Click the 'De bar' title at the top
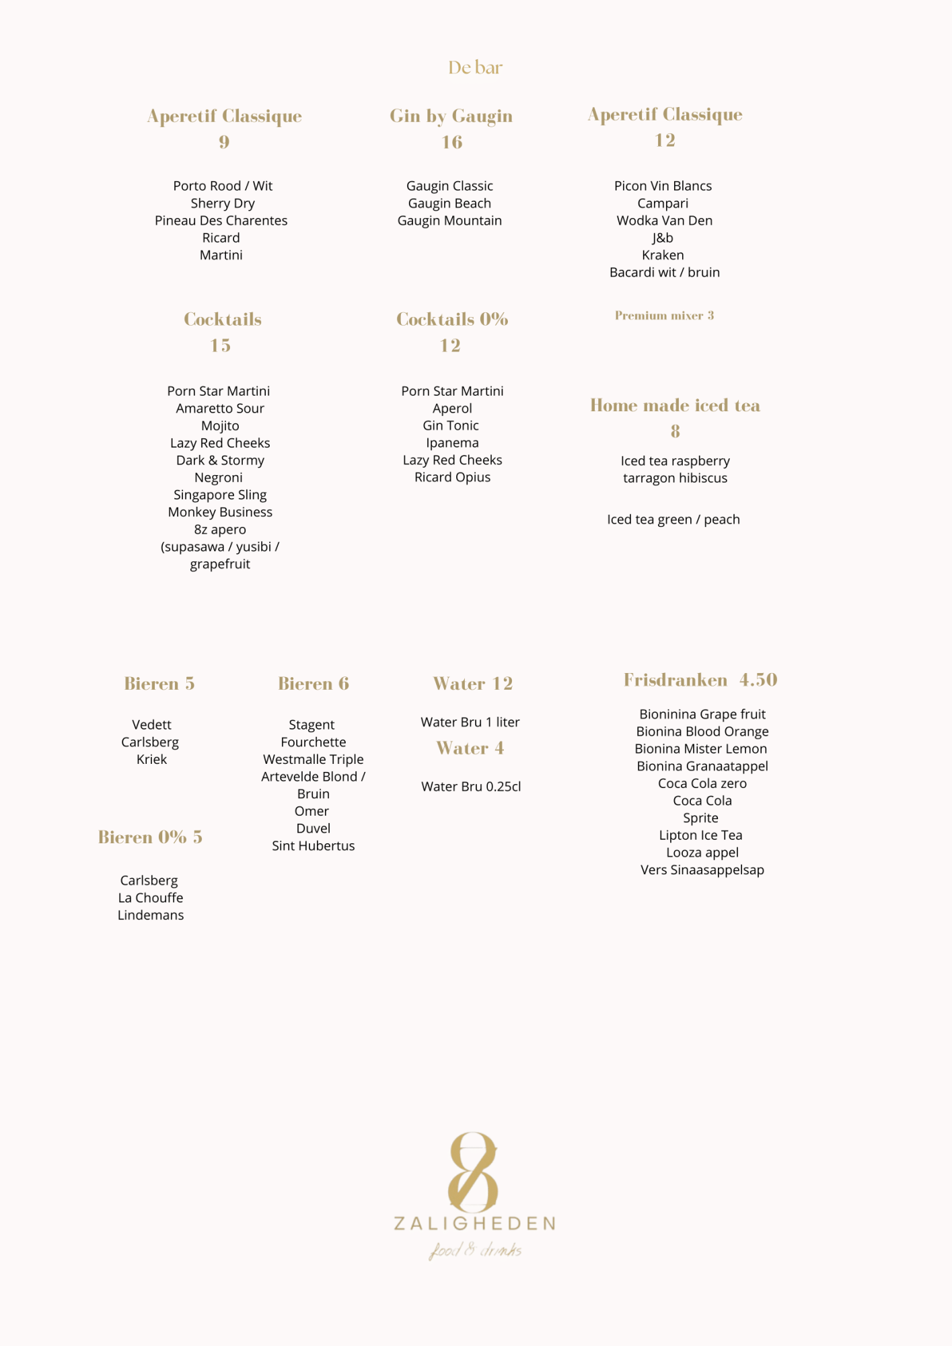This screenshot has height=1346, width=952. tap(475, 67)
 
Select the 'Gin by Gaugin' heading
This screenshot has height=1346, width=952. tap(451, 116)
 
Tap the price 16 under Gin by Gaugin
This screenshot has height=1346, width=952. tap(451, 142)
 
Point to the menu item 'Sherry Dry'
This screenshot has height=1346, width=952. tap(223, 203)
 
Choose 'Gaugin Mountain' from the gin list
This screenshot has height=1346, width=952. tap(449, 221)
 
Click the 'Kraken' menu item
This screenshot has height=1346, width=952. tap(663, 255)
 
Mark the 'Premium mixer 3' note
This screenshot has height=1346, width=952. tap(664, 316)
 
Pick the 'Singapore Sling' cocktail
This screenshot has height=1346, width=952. tap(220, 495)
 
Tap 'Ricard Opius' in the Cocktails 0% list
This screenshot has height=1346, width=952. tap(452, 477)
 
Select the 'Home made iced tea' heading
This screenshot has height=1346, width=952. tap(675, 405)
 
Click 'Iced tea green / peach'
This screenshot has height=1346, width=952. tap(673, 520)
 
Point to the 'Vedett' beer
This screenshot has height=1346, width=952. tap(151, 725)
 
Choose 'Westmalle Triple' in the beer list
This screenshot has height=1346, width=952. tap(313, 759)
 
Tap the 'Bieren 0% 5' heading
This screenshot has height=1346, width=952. tap(150, 837)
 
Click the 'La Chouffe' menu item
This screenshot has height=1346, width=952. tap(151, 898)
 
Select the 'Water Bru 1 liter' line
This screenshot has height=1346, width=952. tap(470, 722)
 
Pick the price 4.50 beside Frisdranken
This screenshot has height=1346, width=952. tap(758, 680)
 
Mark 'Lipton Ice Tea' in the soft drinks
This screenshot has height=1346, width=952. tap(700, 835)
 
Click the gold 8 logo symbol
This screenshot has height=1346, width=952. tap(474, 1172)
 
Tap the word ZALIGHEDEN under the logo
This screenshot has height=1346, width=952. tap(474, 1224)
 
